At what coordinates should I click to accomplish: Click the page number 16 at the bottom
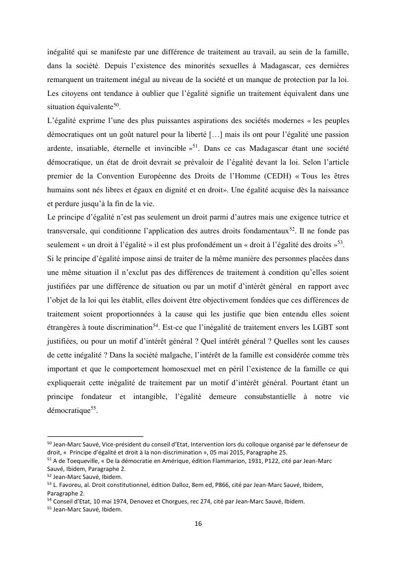pyautogui.click(x=198, y=524)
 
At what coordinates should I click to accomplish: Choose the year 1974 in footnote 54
pyautogui.click(x=109, y=501)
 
